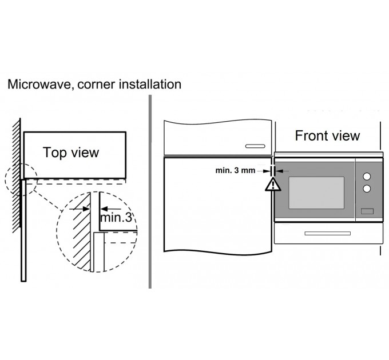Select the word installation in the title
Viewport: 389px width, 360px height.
pos(149,85)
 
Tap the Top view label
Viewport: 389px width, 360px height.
pos(71,153)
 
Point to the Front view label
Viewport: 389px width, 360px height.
pos(327,135)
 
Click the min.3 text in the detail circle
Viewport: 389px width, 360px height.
pos(116,218)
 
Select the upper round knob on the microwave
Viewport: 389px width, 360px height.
pos(367,176)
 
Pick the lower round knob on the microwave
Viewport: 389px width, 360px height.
pos(367,189)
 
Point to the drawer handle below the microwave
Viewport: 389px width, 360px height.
pos(328,233)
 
